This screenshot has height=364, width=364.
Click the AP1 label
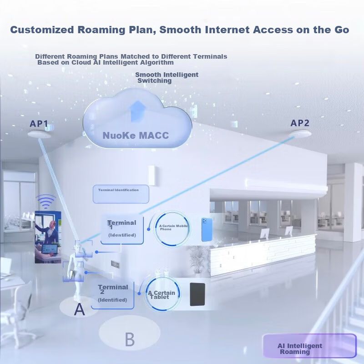point(39,123)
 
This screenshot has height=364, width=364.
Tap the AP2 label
point(300,123)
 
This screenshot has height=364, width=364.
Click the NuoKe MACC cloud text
point(136,136)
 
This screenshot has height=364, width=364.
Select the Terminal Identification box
point(121,194)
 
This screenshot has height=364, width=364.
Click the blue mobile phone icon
point(207,229)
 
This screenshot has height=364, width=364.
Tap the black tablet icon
point(197,294)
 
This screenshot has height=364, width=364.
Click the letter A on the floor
point(80,310)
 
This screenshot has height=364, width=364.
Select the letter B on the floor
point(130,339)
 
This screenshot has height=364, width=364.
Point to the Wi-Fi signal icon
point(46,200)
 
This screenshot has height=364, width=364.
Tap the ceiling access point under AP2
point(300,133)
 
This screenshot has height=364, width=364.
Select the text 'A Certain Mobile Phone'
point(173,227)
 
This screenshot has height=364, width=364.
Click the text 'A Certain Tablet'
point(162,295)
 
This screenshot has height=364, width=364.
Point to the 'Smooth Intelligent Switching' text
point(167,77)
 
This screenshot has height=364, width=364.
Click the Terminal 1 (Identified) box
point(122,229)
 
